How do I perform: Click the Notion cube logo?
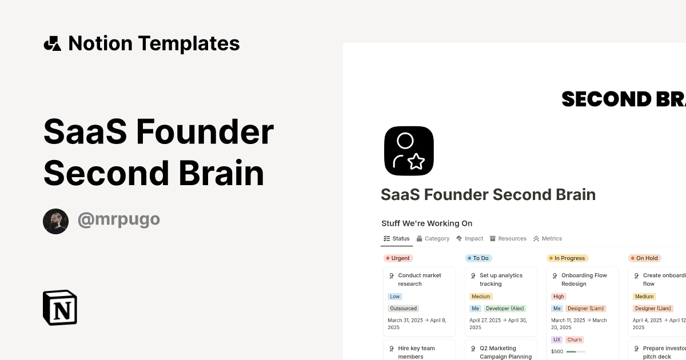pyautogui.click(x=60, y=307)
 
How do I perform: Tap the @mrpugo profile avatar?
pyautogui.click(x=55, y=221)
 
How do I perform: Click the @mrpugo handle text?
pyautogui.click(x=119, y=219)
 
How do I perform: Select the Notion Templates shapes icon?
pyautogui.click(x=52, y=43)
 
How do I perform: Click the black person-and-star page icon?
pyautogui.click(x=409, y=151)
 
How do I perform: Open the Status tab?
pyautogui.click(x=397, y=238)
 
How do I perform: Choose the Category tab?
pyautogui.click(x=433, y=238)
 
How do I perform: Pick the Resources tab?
pyautogui.click(x=508, y=238)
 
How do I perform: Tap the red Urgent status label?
pyautogui.click(x=398, y=258)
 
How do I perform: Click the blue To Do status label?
pyautogui.click(x=478, y=258)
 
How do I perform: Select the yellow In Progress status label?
pyautogui.click(x=567, y=258)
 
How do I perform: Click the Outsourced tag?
pyautogui.click(x=404, y=309)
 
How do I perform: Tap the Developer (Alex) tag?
pyautogui.click(x=505, y=309)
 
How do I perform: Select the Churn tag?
pyautogui.click(x=574, y=339)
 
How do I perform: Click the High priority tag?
pyautogui.click(x=559, y=297)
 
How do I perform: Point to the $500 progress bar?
pyautogui.click(x=576, y=351)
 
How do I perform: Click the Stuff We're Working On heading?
pyautogui.click(x=427, y=223)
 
